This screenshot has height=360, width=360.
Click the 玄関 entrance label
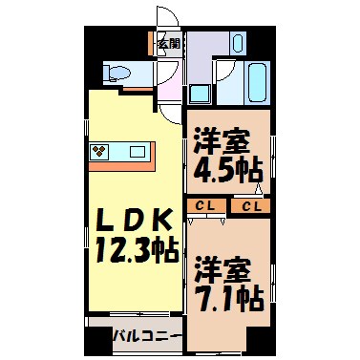168,43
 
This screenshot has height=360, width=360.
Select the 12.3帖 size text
136,252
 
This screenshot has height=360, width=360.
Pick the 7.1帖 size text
228,299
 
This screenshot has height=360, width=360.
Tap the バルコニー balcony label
146,335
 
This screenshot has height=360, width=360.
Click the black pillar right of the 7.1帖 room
258,339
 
